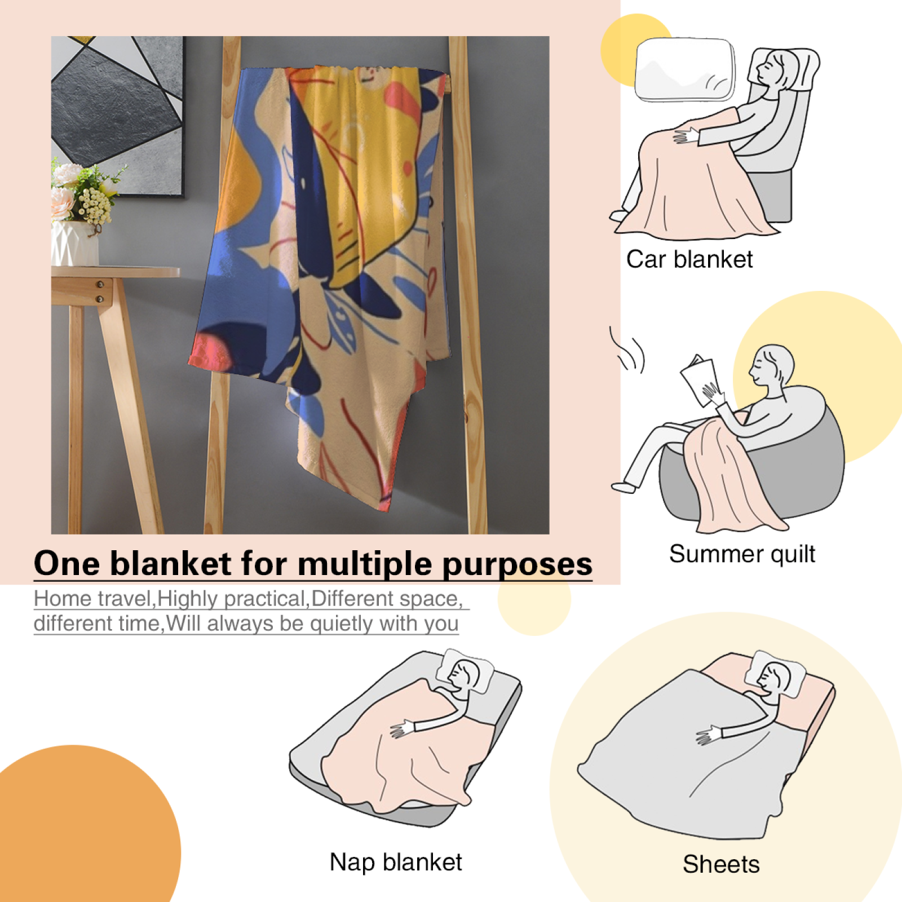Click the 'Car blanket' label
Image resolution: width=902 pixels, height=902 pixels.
[x=689, y=259]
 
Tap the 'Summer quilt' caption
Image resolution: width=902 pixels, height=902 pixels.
[x=742, y=554]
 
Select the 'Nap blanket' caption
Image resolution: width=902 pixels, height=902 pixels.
[x=396, y=862]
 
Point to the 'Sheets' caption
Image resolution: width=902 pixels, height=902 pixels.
[x=721, y=864]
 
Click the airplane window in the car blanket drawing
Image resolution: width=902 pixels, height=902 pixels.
[x=685, y=70]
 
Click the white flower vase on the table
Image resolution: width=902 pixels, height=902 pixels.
[x=74, y=243]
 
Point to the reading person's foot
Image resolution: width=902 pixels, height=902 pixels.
[x=624, y=487]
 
